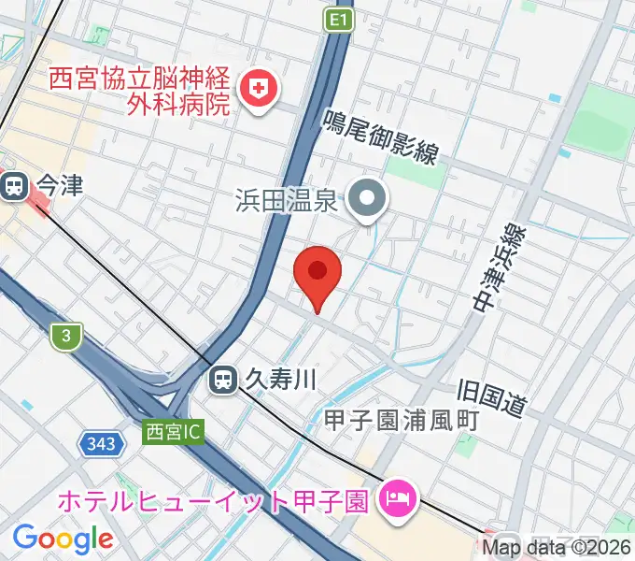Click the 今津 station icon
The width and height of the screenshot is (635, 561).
(14, 187)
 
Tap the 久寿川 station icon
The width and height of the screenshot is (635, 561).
(222, 379)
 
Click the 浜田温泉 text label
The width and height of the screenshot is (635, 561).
(286, 199)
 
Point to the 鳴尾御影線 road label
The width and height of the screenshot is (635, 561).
(381, 137)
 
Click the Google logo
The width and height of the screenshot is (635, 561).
(63, 538)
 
